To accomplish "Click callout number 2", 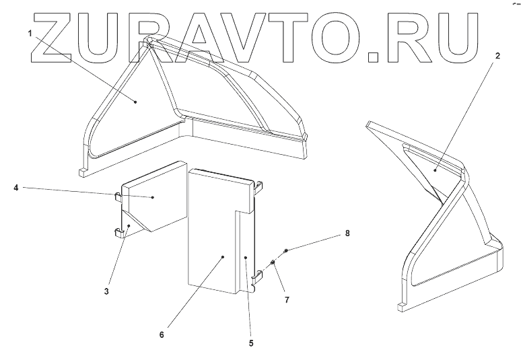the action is (497, 57).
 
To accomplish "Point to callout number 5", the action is (251, 343).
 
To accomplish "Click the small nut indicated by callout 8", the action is (287, 251).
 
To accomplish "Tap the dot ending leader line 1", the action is (135, 102).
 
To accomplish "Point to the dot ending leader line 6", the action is (223, 256).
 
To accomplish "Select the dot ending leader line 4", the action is (153, 196).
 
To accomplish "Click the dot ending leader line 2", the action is (436, 172).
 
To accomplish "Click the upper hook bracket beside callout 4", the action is (117, 196).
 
